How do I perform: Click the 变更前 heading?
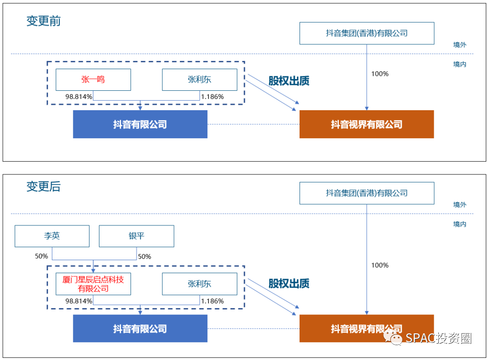(43, 21)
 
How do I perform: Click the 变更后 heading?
(43, 187)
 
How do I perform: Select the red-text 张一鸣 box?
(93, 80)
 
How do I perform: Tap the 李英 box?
(52, 236)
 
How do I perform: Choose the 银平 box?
(136, 236)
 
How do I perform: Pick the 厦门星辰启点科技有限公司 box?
(93, 284)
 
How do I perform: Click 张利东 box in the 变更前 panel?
(199, 80)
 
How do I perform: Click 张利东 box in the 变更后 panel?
(199, 284)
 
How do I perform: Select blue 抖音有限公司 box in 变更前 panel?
(140, 124)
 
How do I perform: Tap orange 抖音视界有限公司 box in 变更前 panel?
(366, 124)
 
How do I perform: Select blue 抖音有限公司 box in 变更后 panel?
(140, 329)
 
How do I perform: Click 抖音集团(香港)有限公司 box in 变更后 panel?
(366, 193)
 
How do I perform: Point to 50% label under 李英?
(42, 256)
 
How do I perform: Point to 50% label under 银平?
(145, 257)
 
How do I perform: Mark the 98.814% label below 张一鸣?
(79, 97)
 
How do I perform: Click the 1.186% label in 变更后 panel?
(212, 301)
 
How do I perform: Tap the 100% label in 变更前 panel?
(380, 74)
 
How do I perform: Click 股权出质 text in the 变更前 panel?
(289, 81)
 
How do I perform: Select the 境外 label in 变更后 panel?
(460, 205)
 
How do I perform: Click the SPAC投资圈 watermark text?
(438, 338)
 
